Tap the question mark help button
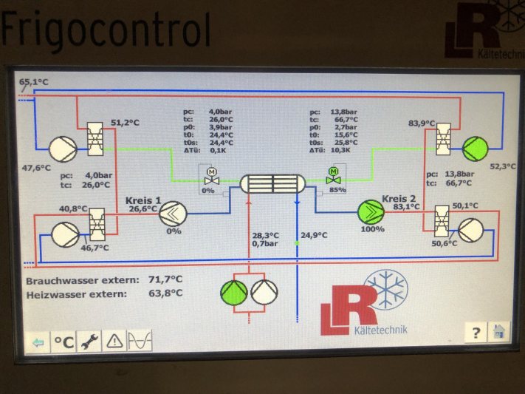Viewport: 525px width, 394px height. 476,333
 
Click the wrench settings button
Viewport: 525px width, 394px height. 90,342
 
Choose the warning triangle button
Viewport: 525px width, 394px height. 114,342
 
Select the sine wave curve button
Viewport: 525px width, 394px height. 140,342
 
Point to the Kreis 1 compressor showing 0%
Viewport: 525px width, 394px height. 174,213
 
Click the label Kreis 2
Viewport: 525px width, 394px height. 399,198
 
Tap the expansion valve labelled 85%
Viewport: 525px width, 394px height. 333,176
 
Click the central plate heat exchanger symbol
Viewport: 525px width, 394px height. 272,183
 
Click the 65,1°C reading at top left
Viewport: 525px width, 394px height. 34,81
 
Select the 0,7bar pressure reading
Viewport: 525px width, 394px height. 265,243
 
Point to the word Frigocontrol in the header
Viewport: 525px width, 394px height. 107,31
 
